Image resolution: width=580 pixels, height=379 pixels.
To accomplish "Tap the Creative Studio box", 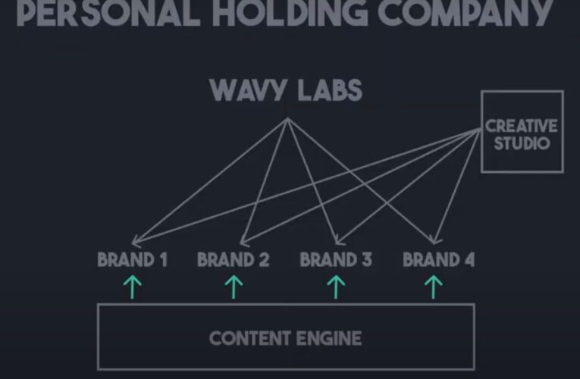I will [522, 133].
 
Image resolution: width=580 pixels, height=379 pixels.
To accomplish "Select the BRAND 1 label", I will [133, 260].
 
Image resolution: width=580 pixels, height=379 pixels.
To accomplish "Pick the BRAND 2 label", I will [234, 260].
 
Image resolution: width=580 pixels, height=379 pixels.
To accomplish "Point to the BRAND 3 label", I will [336, 260].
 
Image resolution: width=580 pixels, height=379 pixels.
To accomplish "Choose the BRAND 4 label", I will [438, 260].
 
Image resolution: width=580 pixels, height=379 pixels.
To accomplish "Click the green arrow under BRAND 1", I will [133, 287].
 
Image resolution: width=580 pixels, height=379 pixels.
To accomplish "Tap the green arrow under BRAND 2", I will [234, 287].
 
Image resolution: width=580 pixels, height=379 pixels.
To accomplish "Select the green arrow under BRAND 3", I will [335, 287].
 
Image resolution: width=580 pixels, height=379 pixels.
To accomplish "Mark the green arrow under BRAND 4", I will [434, 287].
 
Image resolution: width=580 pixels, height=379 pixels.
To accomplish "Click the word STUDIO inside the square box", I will [522, 142].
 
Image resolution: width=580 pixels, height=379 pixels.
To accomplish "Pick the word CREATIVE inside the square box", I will [522, 126].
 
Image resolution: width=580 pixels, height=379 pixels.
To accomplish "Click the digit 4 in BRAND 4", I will [469, 260].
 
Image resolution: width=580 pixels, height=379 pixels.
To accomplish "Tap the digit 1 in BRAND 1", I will [162, 260].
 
